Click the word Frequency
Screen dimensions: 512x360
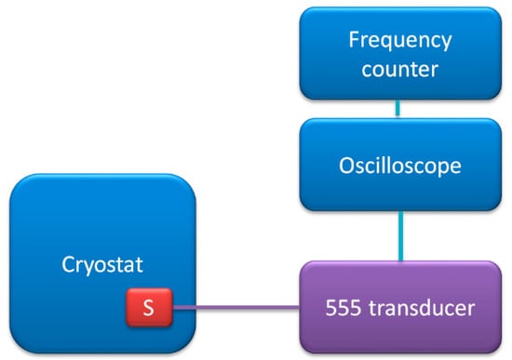[400, 41]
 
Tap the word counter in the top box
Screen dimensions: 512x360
[400, 69]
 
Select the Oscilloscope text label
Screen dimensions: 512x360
[400, 167]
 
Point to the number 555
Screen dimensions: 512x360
[344, 308]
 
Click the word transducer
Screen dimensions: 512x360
[422, 308]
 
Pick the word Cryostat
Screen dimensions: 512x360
[102, 265]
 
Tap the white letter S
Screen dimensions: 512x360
[149, 308]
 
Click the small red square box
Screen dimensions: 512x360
[150, 307]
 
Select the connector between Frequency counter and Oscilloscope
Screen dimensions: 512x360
[397, 108]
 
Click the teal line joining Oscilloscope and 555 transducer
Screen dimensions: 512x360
[400, 236]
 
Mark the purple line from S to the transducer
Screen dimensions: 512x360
[236, 308]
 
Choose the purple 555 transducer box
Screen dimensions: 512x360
[400, 307]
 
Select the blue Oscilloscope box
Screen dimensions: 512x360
[400, 165]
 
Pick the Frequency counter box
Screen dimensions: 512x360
[400, 53]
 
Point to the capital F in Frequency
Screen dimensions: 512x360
[354, 39]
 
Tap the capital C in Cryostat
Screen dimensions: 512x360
[68, 264]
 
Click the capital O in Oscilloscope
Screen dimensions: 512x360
[346, 166]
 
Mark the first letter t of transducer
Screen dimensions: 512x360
[372, 309]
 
